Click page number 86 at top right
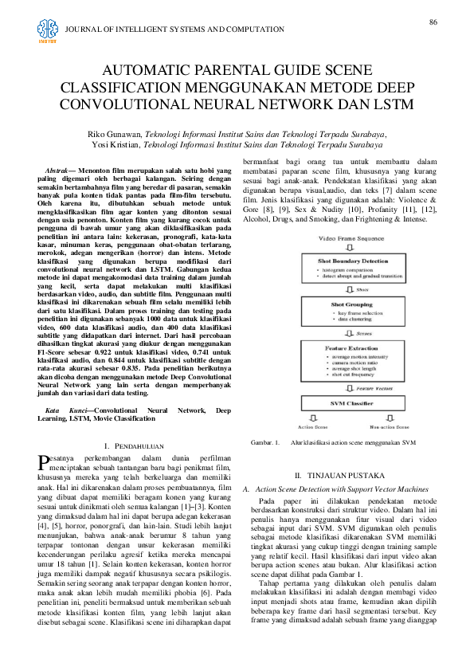[x=433, y=21]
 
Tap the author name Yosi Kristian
[x=118, y=145]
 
